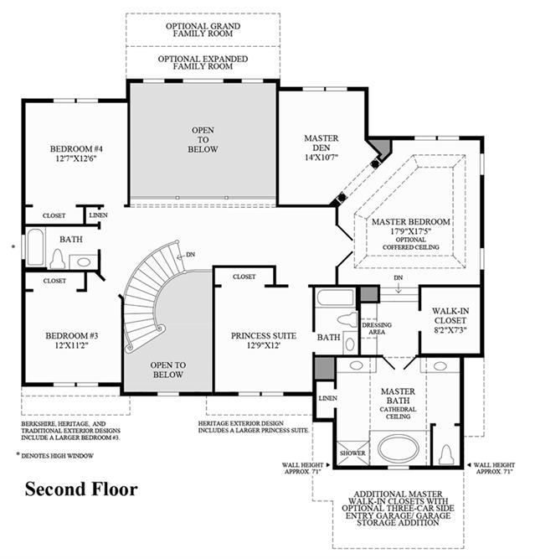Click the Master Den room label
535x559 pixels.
coord(322,142)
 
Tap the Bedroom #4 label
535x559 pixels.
coord(76,148)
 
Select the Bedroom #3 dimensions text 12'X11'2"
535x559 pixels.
coord(72,345)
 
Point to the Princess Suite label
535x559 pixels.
coord(264,336)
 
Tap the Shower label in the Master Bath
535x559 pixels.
coord(352,453)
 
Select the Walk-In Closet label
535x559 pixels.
coord(450,315)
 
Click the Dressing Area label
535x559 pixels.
coord(377,329)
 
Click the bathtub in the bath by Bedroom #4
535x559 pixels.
coord(36,247)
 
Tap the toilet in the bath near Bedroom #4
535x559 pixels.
coord(57,259)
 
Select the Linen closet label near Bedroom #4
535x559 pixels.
coord(98,215)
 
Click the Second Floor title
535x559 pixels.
coord(81,489)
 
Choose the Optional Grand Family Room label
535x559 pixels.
coord(203,29)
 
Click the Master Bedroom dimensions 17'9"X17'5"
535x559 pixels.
coord(411,231)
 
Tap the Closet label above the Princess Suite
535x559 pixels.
coord(244,277)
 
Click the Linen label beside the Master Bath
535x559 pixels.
coord(327,398)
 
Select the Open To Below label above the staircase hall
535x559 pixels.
coord(203,140)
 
